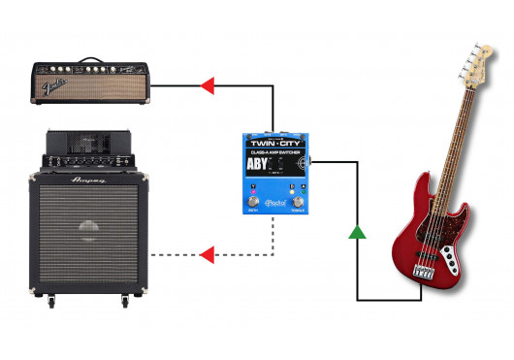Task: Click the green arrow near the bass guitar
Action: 358,231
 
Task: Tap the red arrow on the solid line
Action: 207,87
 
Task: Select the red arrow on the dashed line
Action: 207,255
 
